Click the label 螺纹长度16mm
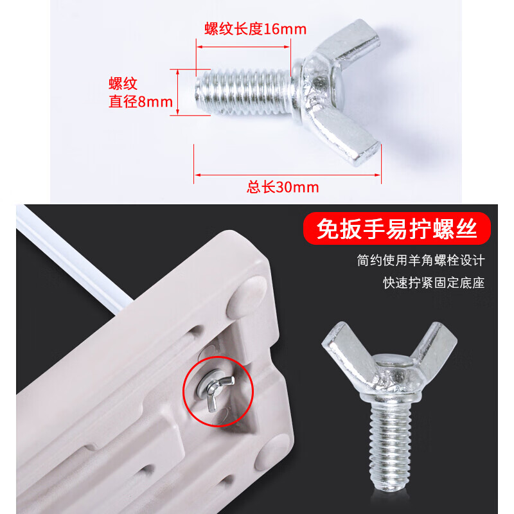(255, 29)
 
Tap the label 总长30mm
(283, 188)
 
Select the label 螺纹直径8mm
(141, 93)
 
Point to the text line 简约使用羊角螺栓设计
(421, 261)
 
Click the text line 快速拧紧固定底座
(434, 282)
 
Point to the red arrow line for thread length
(244, 46)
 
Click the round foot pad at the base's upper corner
(247, 296)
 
